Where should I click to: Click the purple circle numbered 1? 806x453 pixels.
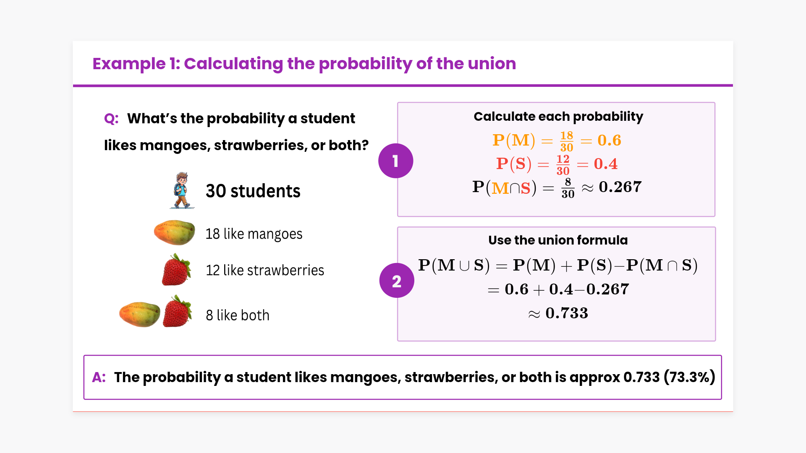click(x=395, y=161)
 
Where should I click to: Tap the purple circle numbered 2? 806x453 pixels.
click(x=397, y=281)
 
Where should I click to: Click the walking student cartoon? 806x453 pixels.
click(x=182, y=190)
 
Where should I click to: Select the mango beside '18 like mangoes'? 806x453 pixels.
click(x=174, y=232)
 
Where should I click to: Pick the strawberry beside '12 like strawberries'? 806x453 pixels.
click(x=176, y=270)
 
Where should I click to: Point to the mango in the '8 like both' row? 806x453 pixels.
click(x=140, y=314)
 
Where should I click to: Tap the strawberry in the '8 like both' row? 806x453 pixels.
click(x=177, y=311)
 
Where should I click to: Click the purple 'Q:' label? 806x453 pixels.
click(x=111, y=119)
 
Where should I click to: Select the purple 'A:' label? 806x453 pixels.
click(x=99, y=377)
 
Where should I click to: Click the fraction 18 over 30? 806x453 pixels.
click(x=567, y=141)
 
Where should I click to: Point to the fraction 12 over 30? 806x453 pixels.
click(x=563, y=165)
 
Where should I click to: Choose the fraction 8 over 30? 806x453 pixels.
click(x=568, y=188)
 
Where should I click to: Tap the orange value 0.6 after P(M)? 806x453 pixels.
click(x=610, y=141)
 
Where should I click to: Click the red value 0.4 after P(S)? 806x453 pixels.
click(x=606, y=164)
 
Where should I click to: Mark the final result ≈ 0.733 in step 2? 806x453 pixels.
click(x=558, y=313)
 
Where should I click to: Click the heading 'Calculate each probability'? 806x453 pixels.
click(x=558, y=117)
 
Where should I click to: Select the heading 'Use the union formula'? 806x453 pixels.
click(x=558, y=240)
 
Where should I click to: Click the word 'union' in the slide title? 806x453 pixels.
click(x=492, y=64)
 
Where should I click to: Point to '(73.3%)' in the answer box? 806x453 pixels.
click(x=689, y=377)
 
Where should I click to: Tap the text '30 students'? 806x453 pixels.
click(x=253, y=191)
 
